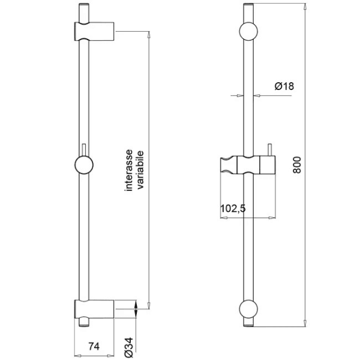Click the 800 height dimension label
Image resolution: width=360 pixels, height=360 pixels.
(297, 165)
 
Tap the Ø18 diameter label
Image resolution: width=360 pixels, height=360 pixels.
(284, 86)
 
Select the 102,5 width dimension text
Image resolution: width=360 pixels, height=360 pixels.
(233, 209)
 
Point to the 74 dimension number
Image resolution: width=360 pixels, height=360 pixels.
(94, 346)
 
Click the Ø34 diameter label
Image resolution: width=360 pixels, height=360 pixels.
(129, 347)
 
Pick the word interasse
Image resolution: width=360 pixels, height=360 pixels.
(129, 170)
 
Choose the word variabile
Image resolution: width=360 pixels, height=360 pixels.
(140, 170)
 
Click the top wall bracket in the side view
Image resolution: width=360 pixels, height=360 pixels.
(94, 31)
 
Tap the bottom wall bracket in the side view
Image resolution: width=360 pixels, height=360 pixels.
(94, 309)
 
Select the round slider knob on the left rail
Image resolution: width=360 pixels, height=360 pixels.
(84, 165)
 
